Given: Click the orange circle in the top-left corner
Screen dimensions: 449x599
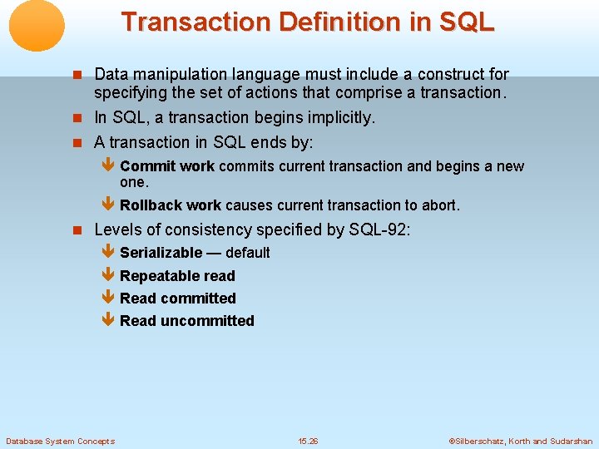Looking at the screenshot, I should pos(37,25).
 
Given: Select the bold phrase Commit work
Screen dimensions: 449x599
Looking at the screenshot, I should pos(167,166).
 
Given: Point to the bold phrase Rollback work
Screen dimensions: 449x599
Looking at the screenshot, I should pos(171,205).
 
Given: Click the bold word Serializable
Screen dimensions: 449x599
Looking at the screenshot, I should pos(161,253).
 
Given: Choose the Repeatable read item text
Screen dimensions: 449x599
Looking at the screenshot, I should pos(177,276).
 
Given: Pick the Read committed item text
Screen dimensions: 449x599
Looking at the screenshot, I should pos(177,299).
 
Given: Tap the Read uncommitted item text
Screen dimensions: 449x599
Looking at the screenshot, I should pos(186,321).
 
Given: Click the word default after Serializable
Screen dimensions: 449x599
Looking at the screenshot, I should pos(247,253).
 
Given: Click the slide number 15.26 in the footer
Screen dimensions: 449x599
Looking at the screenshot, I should pos(308,441).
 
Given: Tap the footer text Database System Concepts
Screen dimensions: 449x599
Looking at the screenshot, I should pos(60,441).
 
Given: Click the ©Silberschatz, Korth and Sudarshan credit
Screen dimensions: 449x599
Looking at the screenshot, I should pos(520,441).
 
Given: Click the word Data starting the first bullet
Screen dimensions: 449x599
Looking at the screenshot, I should pos(110,75).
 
